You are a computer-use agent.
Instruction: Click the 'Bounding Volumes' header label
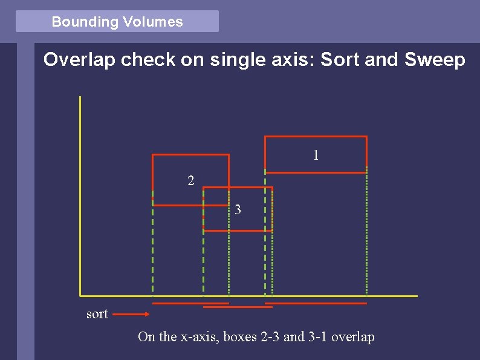pyautogui.click(x=117, y=22)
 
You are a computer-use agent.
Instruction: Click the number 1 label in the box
pyautogui.click(x=316, y=155)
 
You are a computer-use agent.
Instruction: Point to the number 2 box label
pyautogui.click(x=190, y=180)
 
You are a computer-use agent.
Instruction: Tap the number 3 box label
pyautogui.click(x=238, y=210)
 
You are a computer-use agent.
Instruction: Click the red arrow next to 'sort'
pyautogui.click(x=131, y=314)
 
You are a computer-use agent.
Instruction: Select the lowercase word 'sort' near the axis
pyautogui.click(x=97, y=314)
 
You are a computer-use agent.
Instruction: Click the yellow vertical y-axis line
pyautogui.click(x=80, y=194)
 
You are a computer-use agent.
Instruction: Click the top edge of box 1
pyautogui.click(x=316, y=137)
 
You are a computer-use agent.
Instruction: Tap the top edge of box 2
pyautogui.click(x=190, y=155)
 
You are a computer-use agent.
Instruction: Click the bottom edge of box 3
pyautogui.click(x=238, y=231)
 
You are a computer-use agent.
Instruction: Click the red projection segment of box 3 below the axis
pyautogui.click(x=238, y=307)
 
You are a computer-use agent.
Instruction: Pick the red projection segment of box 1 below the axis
pyautogui.click(x=316, y=303)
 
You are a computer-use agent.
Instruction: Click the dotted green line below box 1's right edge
pyautogui.click(x=367, y=236)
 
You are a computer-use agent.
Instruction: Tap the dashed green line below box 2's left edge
pyautogui.click(x=152, y=254)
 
